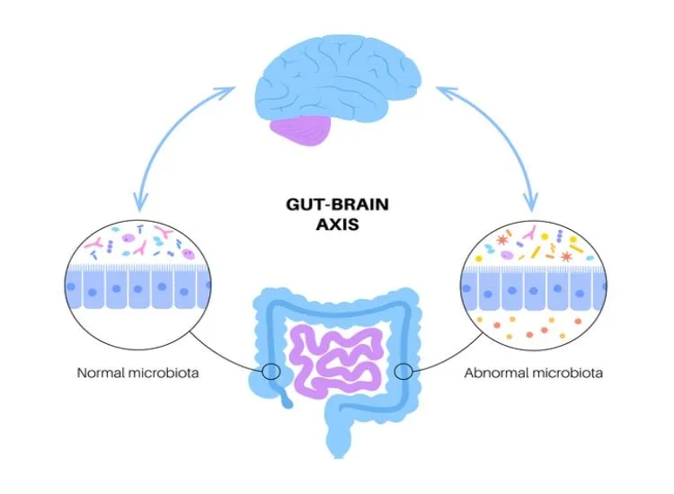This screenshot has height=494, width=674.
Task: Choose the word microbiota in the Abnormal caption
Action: pyautogui.click(x=566, y=371)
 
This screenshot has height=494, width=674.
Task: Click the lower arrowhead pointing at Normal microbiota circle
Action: pyautogui.click(x=137, y=203)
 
